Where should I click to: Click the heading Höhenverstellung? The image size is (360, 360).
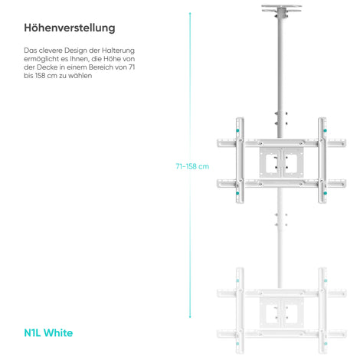(x=70, y=28)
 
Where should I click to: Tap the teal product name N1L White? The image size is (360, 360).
(x=48, y=333)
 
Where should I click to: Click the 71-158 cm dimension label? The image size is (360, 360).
(x=192, y=166)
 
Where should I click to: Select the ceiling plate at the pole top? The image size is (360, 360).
(x=282, y=8)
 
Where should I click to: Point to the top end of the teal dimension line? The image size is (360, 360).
(x=190, y=13)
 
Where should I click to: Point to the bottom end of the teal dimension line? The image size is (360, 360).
(x=190, y=317)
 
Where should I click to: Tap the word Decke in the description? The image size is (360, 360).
(x=47, y=67)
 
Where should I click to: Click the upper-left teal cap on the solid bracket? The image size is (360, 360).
(x=237, y=130)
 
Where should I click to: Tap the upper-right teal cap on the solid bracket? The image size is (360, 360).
(x=325, y=130)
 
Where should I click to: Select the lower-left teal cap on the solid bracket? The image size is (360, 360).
(x=237, y=193)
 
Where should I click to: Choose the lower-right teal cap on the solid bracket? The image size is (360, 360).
(x=325, y=193)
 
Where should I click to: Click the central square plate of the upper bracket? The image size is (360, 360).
(x=282, y=162)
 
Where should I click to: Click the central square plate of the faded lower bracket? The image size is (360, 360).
(x=282, y=313)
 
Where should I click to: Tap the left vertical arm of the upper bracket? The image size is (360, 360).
(x=240, y=160)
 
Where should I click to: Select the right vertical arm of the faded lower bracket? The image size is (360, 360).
(x=322, y=310)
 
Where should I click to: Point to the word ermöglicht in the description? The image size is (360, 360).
(x=39, y=59)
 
